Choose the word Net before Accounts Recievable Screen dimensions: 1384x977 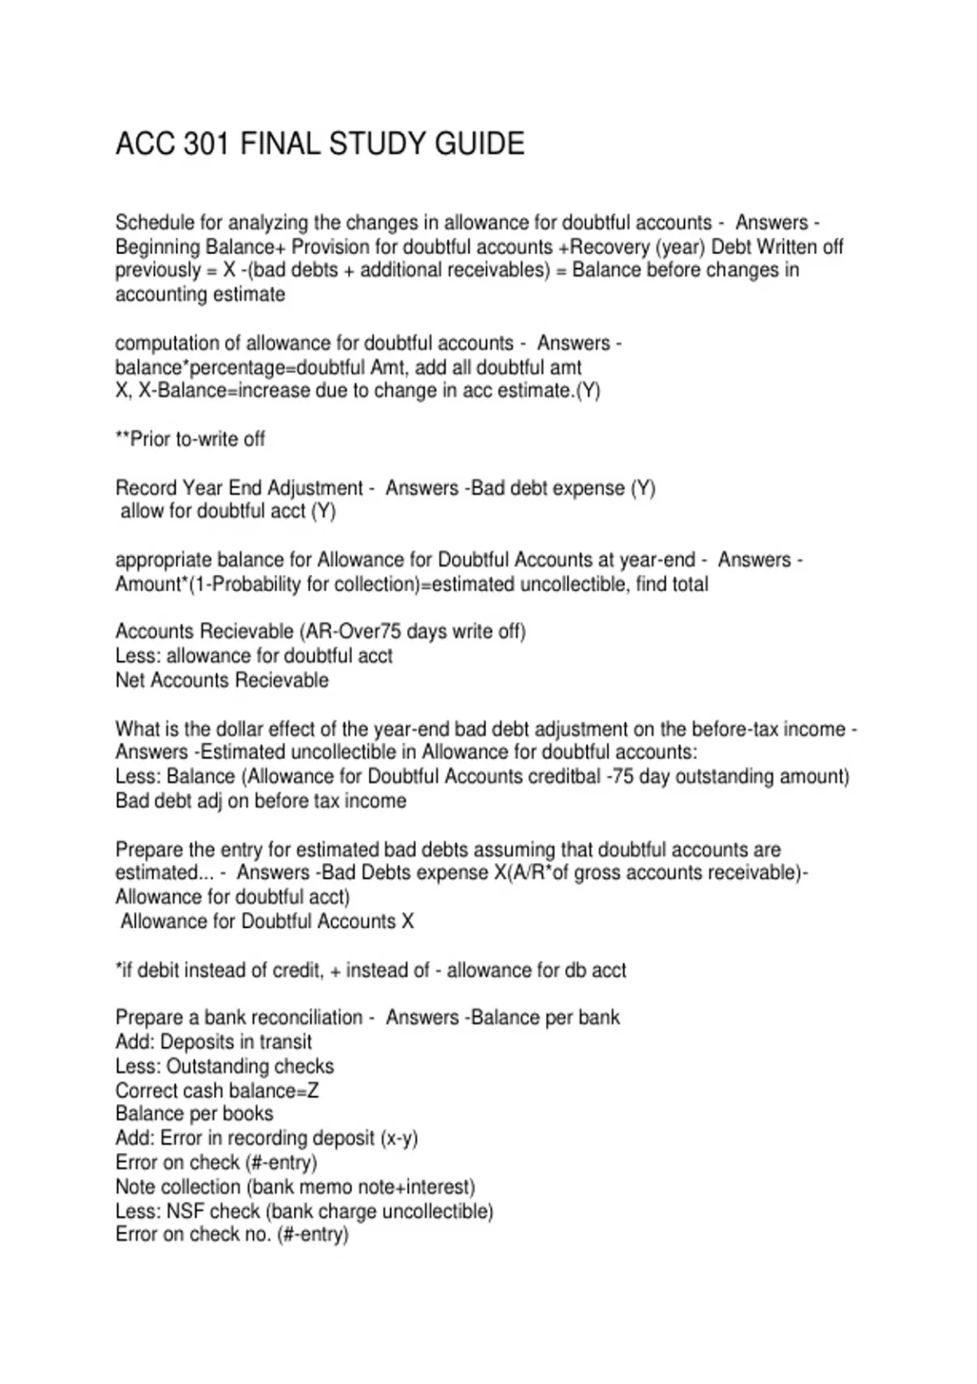[x=130, y=680]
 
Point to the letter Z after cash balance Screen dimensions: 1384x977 [x=313, y=1090]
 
